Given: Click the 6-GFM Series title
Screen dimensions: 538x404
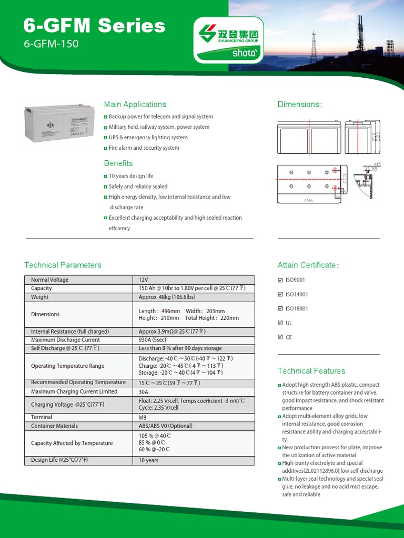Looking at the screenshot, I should click(x=95, y=26).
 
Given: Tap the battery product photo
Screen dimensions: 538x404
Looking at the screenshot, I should click(x=58, y=122).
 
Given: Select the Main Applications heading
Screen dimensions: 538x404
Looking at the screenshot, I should click(x=135, y=105).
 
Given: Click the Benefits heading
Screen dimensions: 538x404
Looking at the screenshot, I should click(x=118, y=163).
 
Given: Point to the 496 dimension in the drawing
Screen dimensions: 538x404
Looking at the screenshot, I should click(x=308, y=201).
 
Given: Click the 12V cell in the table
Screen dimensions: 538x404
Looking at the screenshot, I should click(x=144, y=280).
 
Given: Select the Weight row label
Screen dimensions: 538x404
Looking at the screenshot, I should click(x=39, y=297).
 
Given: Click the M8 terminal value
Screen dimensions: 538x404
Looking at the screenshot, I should click(x=143, y=417).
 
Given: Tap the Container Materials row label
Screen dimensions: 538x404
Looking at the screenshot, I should click(x=54, y=426).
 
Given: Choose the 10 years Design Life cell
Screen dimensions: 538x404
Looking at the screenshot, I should click(x=148, y=460).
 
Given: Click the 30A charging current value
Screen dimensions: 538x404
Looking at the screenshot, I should click(x=144, y=391).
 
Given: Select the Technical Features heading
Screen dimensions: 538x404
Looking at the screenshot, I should click(x=311, y=371).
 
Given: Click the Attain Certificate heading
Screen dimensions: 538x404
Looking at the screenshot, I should click(x=308, y=265).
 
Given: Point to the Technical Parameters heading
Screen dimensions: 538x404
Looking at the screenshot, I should click(x=63, y=265).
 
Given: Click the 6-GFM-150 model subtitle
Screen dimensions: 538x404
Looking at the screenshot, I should click(x=51, y=44).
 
